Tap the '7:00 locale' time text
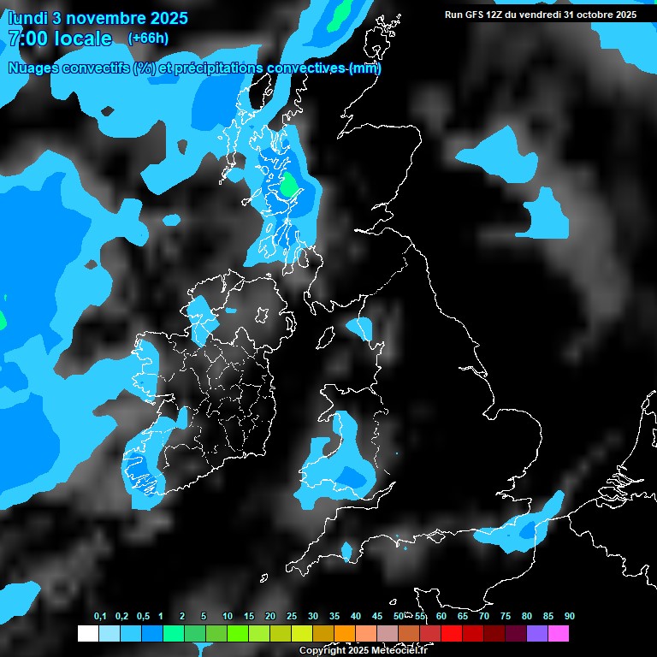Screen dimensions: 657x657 point(60,38)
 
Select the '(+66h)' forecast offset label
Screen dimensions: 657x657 point(148,38)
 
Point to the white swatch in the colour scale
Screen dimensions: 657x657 point(87,634)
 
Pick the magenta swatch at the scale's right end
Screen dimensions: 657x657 point(558,634)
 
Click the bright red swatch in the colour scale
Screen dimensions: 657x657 point(451,634)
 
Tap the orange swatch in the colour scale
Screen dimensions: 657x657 point(344,634)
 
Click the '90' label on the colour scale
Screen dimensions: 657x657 point(569,616)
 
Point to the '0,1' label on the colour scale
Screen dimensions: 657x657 point(100,616)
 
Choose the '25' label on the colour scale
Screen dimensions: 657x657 point(291,616)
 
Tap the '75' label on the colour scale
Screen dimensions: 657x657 point(505,616)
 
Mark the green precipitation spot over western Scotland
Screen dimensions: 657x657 point(289,184)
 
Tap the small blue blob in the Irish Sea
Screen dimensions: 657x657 point(360,326)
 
